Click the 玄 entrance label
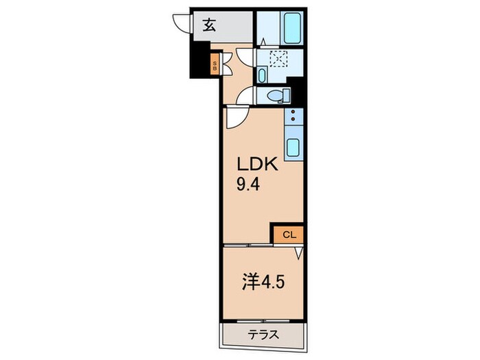point(208,26)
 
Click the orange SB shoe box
point(214,66)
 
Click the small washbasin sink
point(263,75)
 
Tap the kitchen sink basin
point(292,147)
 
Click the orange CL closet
point(287,235)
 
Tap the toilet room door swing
point(243,97)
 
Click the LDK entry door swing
point(233,118)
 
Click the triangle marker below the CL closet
point(299,253)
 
